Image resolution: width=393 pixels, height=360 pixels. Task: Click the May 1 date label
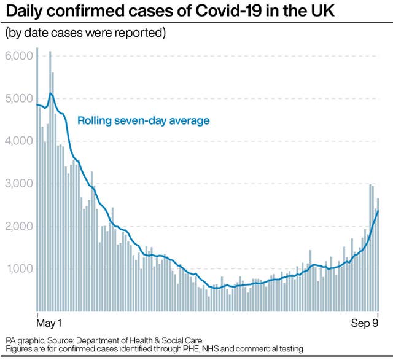49,323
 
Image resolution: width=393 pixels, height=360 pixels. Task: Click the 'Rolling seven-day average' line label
143,121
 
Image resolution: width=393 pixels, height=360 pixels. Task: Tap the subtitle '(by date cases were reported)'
85,33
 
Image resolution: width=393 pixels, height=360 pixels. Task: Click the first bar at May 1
37,184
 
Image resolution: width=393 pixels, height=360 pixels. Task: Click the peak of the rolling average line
51,93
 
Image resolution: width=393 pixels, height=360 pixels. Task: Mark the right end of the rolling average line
378,211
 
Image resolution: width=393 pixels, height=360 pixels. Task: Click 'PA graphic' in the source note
24,340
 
